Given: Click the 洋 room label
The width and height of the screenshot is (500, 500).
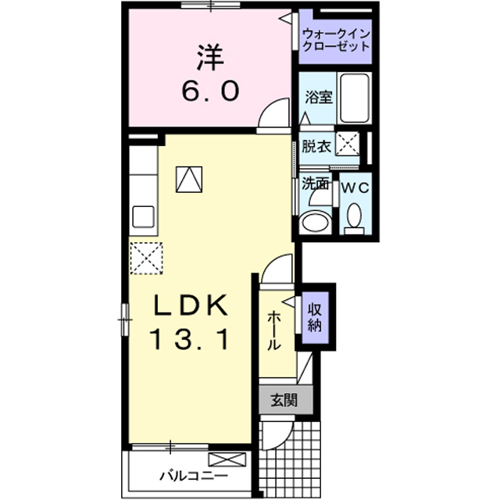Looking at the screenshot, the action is pyautogui.click(x=210, y=58).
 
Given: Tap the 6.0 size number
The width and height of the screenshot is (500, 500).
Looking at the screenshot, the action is pyautogui.click(x=210, y=91).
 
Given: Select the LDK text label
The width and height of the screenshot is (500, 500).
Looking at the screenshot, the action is pyautogui.click(x=191, y=305).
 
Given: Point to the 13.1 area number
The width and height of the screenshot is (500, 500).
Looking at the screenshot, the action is pyautogui.click(x=191, y=339).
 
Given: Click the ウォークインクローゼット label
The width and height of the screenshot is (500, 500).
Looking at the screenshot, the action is pyautogui.click(x=335, y=40).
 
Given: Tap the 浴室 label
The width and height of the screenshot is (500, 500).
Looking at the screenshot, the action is pyautogui.click(x=319, y=97).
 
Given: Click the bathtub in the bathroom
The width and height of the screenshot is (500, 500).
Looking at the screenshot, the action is pyautogui.click(x=354, y=98).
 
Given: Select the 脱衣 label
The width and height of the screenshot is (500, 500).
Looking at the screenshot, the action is pyautogui.click(x=316, y=146).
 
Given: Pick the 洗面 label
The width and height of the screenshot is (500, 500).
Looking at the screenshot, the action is pyautogui.click(x=315, y=184).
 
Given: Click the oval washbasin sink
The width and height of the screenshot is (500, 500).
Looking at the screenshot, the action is pyautogui.click(x=316, y=221).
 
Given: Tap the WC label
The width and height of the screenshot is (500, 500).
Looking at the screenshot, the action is pyautogui.click(x=355, y=188).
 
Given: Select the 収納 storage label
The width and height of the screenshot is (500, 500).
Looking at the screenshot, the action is pyautogui.click(x=314, y=317).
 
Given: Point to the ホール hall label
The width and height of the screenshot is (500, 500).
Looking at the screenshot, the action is pyautogui.click(x=273, y=331).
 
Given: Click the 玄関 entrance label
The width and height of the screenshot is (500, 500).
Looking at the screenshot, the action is pyautogui.click(x=284, y=400).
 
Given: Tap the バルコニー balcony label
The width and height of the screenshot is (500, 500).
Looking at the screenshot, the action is pyautogui.click(x=194, y=477).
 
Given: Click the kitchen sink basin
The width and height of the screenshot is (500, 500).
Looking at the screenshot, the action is pyautogui.click(x=144, y=217).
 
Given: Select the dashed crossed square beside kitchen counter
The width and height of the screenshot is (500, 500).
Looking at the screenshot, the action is pyautogui.click(x=146, y=258).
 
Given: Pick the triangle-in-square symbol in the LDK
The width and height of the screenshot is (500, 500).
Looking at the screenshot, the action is pyautogui.click(x=189, y=180).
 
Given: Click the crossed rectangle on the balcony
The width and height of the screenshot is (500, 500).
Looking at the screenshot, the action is pyautogui.click(x=227, y=460).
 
